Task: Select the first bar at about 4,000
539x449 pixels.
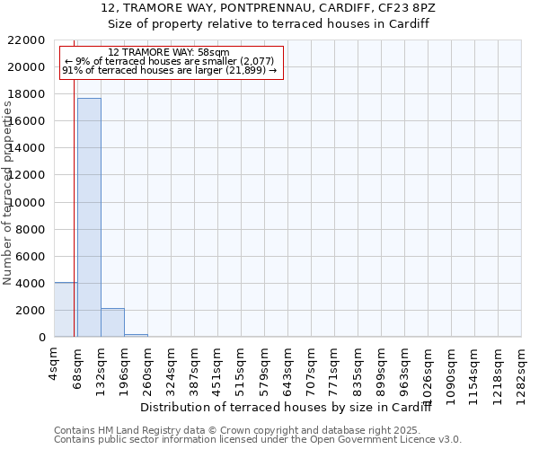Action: (66, 310)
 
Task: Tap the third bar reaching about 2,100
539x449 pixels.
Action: (112, 322)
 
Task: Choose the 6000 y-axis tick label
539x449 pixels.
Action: (29, 257)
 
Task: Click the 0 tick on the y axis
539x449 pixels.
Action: (41, 338)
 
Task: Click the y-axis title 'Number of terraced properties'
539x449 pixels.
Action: (8, 193)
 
